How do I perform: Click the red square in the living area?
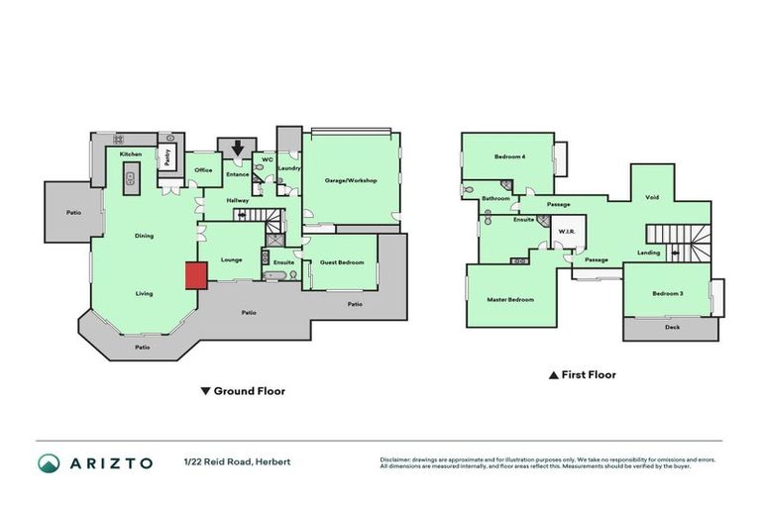click(195, 275)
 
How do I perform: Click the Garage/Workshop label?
click(352, 180)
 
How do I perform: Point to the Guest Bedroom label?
click(343, 262)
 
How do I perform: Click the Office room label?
click(203, 170)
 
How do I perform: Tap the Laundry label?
click(289, 168)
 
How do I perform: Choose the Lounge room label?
click(231, 259)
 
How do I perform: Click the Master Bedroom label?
click(510, 299)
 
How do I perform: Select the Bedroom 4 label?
click(510, 157)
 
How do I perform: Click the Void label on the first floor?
click(652, 197)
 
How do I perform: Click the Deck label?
click(673, 327)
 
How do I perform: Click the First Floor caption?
click(589, 375)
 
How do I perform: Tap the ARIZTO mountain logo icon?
click(50, 463)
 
